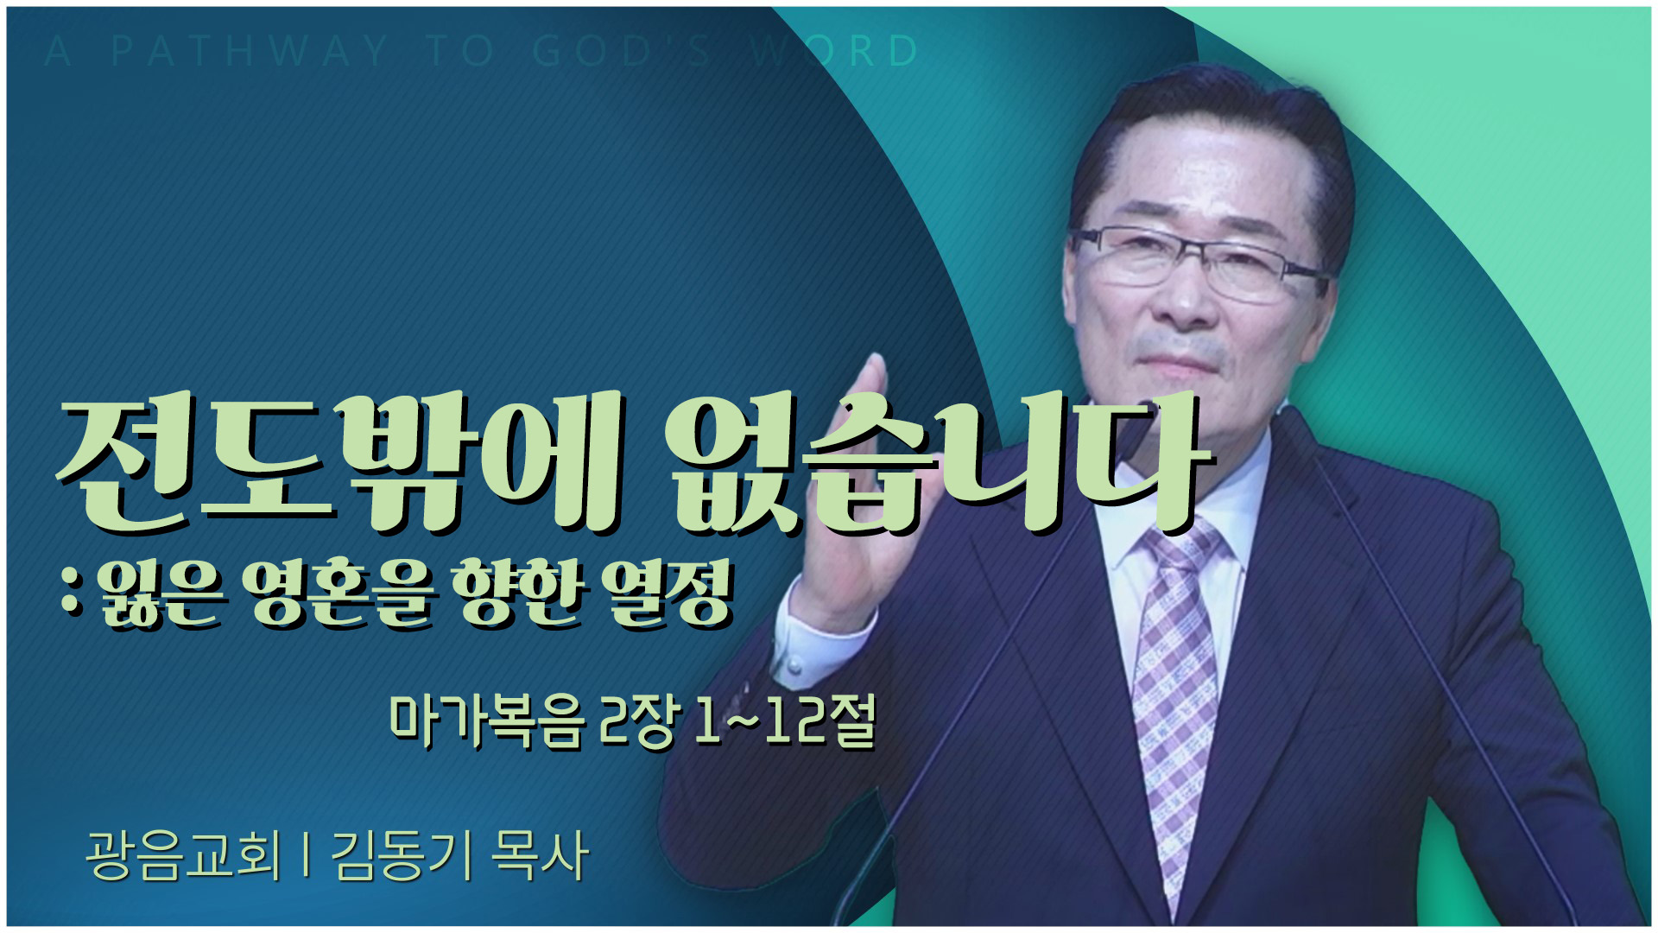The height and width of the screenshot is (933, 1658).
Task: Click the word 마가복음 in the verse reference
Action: click(x=488, y=720)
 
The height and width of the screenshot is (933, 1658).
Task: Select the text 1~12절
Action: click(x=785, y=720)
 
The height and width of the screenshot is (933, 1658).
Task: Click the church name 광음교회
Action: click(x=184, y=855)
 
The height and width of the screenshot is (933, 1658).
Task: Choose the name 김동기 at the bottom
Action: click(x=402, y=855)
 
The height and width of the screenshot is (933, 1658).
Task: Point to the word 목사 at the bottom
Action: click(x=540, y=855)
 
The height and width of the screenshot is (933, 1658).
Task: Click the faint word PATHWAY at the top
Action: click(x=250, y=51)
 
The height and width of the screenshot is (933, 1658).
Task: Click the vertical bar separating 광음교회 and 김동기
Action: click(x=307, y=855)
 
